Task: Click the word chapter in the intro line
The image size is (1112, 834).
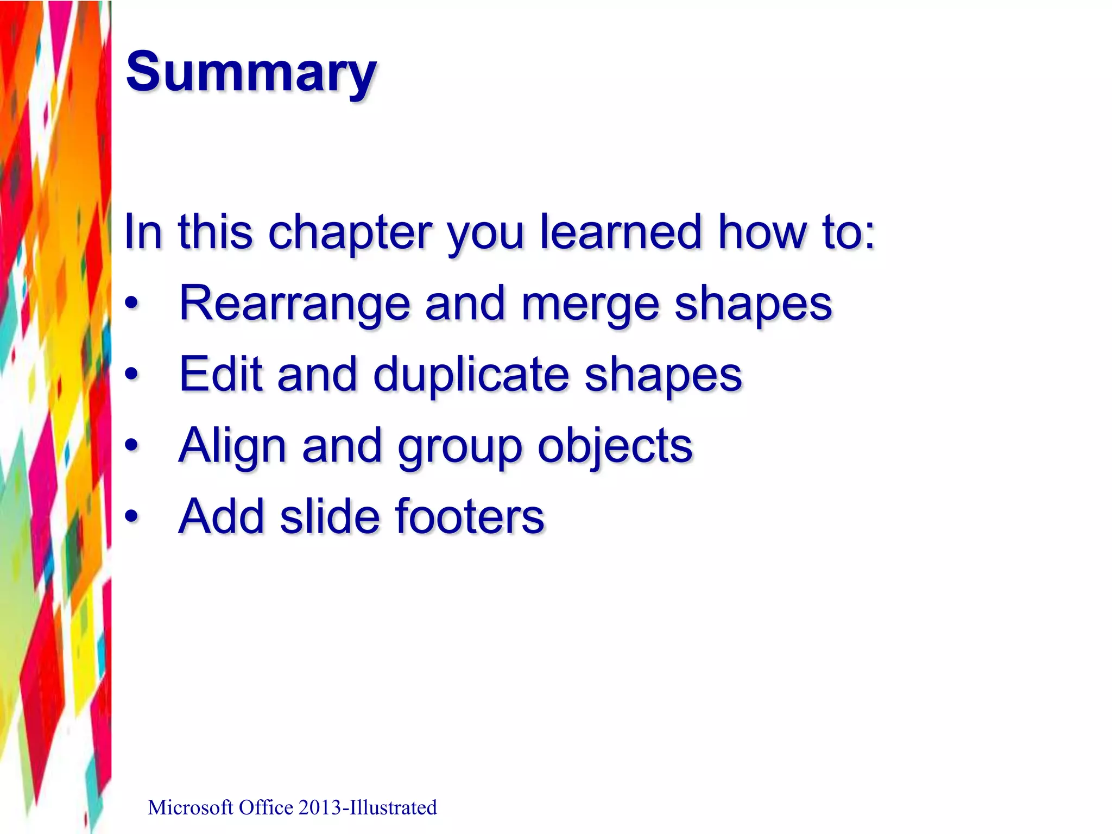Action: coord(350,232)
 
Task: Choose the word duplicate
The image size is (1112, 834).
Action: coord(471,375)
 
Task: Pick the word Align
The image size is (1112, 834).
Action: coord(232,446)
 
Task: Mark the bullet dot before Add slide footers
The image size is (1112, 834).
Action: coord(131,516)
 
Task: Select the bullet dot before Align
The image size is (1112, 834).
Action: coord(131,446)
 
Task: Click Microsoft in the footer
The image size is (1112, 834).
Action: coord(191,807)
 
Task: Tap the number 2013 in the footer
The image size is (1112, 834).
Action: coord(319,807)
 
